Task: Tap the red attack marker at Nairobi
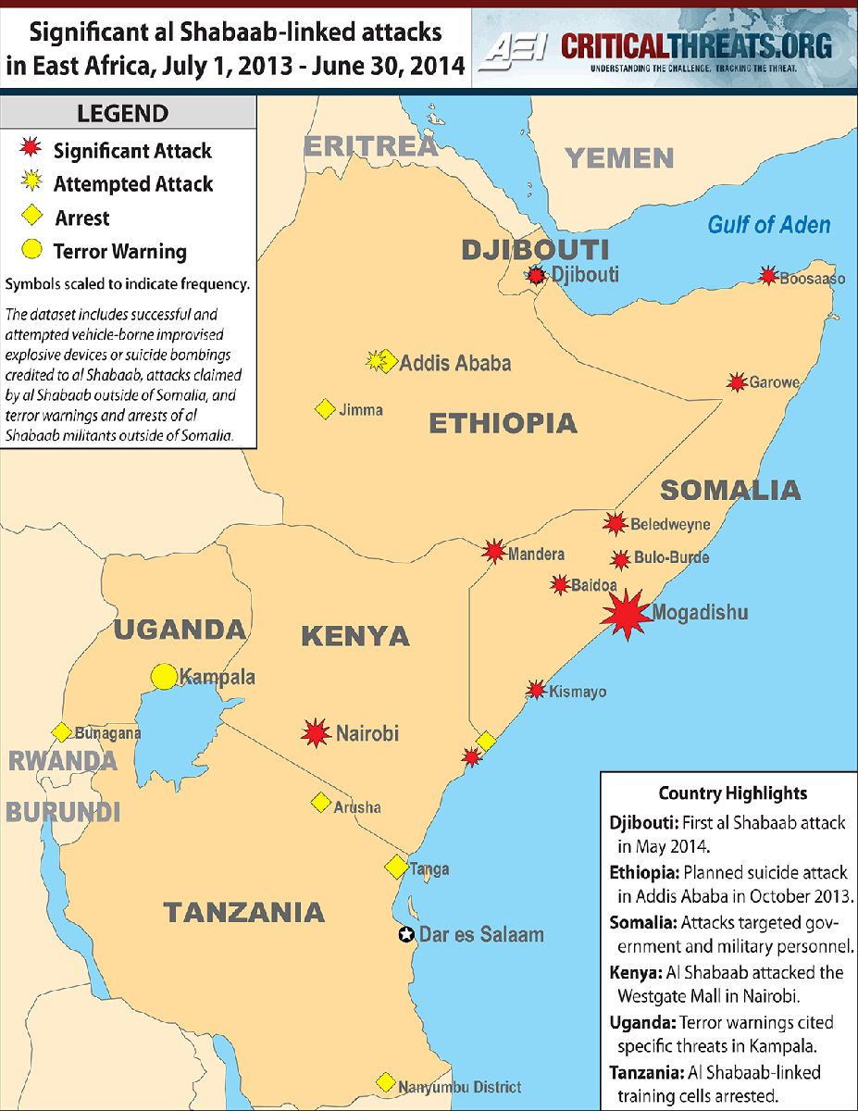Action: tap(317, 733)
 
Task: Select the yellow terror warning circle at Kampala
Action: tap(164, 676)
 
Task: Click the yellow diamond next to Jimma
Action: tap(325, 408)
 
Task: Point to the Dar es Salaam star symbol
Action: tap(405, 934)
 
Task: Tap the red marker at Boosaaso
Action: tap(767, 275)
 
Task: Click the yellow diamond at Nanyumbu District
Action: tap(385, 1082)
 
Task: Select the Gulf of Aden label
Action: tap(768, 224)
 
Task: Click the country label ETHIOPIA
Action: tap(503, 424)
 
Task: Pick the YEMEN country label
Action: tap(619, 158)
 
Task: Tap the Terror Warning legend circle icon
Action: tap(31, 250)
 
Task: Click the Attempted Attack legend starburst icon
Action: tap(32, 183)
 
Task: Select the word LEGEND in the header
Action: tap(122, 115)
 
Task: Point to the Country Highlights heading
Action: tap(732, 793)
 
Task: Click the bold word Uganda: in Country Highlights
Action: tap(642, 1023)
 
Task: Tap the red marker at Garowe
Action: tap(737, 382)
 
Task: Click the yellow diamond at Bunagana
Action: tap(61, 732)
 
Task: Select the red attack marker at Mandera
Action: tap(495, 552)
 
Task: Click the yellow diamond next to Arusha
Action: tap(321, 803)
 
